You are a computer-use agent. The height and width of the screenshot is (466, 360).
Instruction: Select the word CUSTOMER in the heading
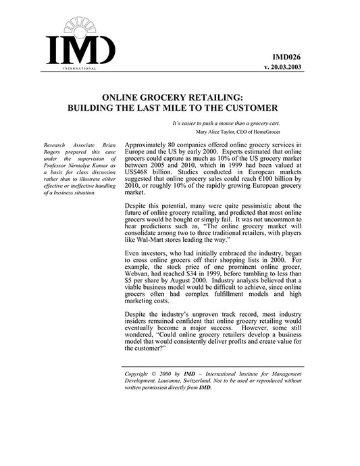point(245,108)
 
